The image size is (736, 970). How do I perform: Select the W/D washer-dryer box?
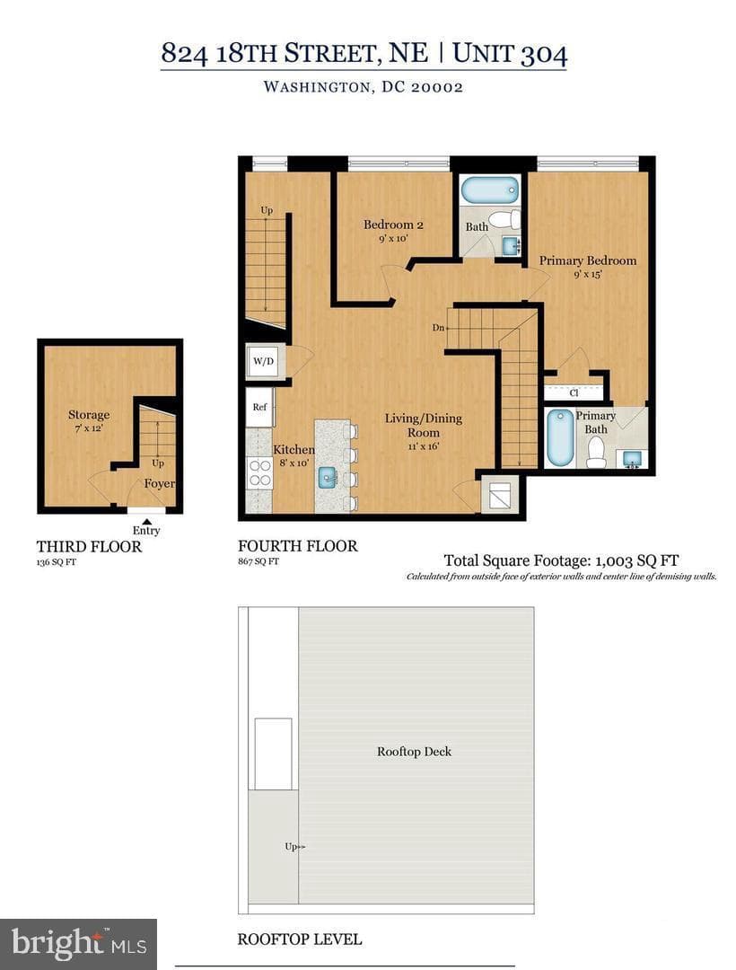click(264, 361)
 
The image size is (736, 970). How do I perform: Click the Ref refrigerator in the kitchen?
click(259, 407)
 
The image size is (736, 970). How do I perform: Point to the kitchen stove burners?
click(260, 472)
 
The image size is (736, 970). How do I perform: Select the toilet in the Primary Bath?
click(596, 452)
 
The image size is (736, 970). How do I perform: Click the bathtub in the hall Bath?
click(491, 190)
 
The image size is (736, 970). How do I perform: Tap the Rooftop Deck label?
click(414, 752)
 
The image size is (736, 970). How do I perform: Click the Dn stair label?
click(438, 328)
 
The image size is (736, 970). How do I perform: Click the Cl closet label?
click(574, 392)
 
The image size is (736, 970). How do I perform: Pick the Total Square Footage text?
click(561, 560)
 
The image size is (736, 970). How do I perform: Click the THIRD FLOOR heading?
click(89, 547)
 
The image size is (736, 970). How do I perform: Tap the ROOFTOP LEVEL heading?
click(300, 939)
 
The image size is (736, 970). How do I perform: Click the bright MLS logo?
click(78, 944)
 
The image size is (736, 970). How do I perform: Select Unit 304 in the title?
click(510, 53)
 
